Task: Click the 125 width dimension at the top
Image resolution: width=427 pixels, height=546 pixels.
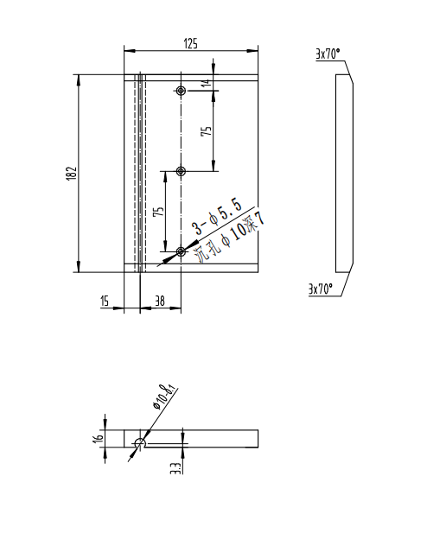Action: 192,42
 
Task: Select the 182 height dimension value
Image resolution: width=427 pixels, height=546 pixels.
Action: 73,173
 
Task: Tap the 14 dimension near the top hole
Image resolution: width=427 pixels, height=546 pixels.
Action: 205,83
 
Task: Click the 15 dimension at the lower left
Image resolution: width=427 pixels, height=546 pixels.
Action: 105,301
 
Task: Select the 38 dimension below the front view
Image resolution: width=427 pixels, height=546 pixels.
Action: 159,301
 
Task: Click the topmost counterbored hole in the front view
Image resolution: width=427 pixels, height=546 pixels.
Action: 181,91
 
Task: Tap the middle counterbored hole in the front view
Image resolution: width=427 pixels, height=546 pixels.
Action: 181,172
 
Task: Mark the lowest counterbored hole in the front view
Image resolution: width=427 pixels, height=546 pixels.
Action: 181,251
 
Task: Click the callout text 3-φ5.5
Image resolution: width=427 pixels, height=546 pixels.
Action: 216,216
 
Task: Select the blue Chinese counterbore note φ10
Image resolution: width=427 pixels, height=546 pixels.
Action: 230,236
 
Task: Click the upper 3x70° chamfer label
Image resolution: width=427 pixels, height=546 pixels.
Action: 328,54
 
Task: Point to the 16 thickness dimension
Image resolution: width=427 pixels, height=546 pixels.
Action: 99,437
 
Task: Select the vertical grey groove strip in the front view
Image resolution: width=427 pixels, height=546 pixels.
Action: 139,173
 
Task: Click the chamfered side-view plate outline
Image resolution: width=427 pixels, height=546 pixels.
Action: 344,173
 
